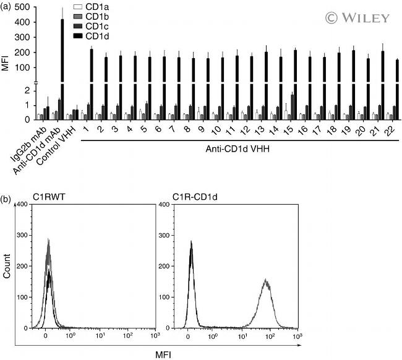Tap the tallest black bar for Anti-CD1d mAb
tap(62, 62)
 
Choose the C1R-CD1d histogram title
tap(194, 199)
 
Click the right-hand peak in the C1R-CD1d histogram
tap(267, 285)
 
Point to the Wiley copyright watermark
tap(350, 17)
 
